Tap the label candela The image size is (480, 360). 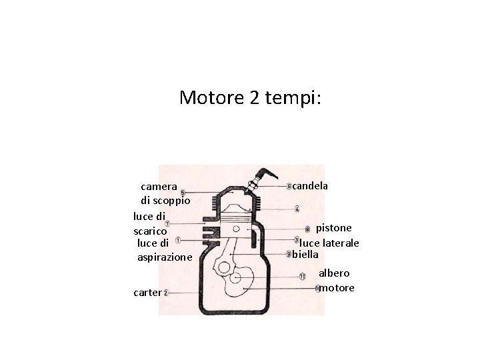pyautogui.click(x=310, y=185)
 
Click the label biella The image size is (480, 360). pyautogui.click(x=306, y=254)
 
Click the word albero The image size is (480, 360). pyautogui.click(x=333, y=273)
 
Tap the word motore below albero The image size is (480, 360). pyautogui.click(x=337, y=288)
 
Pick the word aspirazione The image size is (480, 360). pyautogui.click(x=164, y=256)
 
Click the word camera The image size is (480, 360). pyautogui.click(x=159, y=186)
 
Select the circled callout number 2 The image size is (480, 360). pyautogui.click(x=165, y=293)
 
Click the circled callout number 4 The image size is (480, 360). pyautogui.click(x=297, y=208)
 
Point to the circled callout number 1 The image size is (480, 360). pyautogui.click(x=177, y=241)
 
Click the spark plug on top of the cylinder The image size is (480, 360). pyautogui.click(x=254, y=182)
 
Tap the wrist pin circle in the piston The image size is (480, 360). pyautogui.click(x=237, y=229)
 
